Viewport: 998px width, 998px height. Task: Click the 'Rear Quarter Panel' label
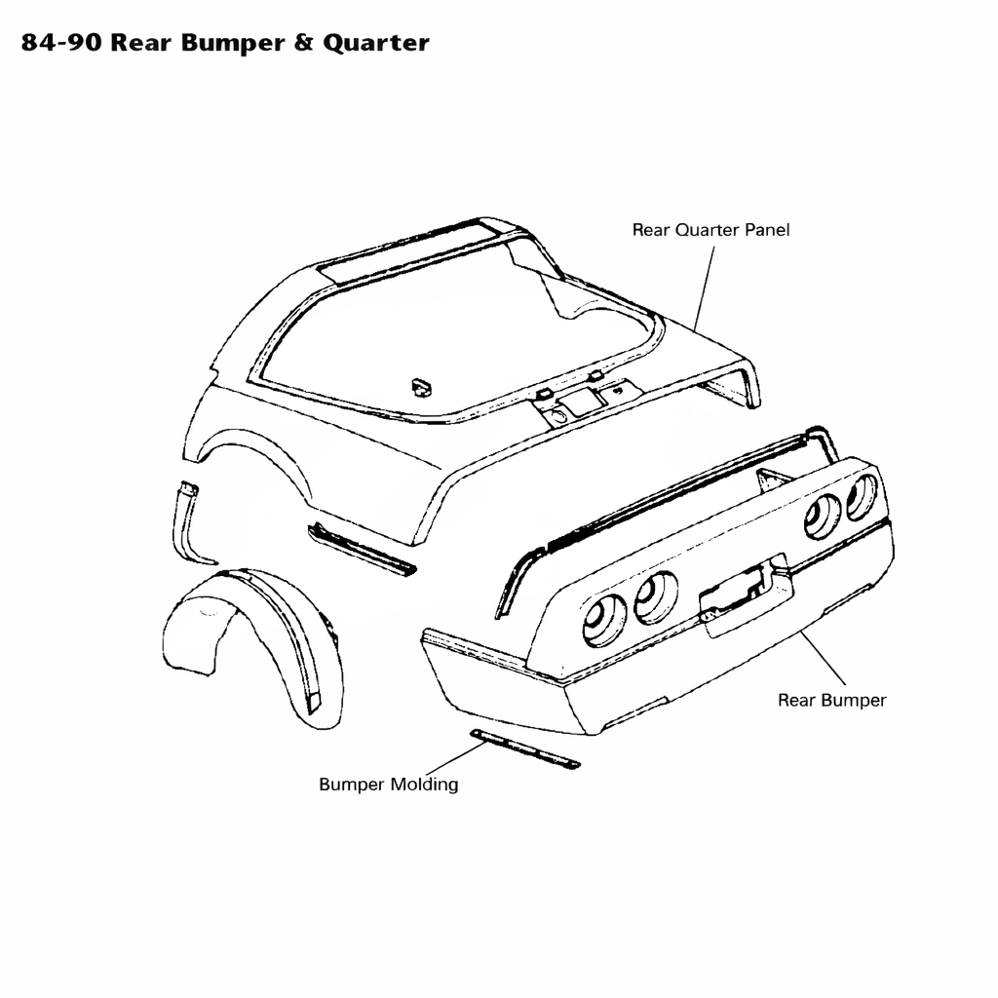(x=710, y=230)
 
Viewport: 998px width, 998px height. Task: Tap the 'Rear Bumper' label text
(x=832, y=700)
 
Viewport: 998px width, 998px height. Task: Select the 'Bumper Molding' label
(x=388, y=785)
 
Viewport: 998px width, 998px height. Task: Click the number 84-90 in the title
(x=61, y=43)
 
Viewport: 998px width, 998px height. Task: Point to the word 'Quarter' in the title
(x=375, y=43)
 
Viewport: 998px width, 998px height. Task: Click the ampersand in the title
(x=304, y=43)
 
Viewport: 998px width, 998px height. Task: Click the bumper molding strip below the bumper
(x=524, y=749)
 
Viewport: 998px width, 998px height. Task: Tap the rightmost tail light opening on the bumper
(x=862, y=497)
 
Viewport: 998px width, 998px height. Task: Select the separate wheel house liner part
(x=254, y=647)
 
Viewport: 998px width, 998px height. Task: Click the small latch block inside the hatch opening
(x=421, y=386)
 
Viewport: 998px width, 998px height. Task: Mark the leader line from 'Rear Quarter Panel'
(x=705, y=288)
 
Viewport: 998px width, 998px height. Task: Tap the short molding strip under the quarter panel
(x=361, y=549)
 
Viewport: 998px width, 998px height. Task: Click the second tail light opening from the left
(x=656, y=597)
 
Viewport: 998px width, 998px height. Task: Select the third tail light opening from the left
(x=822, y=517)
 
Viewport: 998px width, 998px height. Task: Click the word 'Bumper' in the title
(x=233, y=43)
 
